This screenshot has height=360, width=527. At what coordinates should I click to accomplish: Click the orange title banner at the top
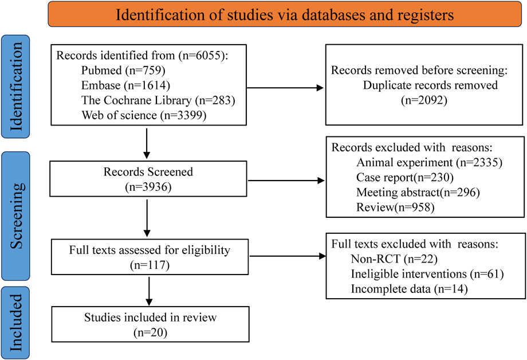[x=285, y=14]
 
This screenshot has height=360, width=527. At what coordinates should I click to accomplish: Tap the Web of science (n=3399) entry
[x=137, y=115]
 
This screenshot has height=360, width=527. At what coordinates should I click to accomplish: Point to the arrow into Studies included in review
[x=150, y=292]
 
